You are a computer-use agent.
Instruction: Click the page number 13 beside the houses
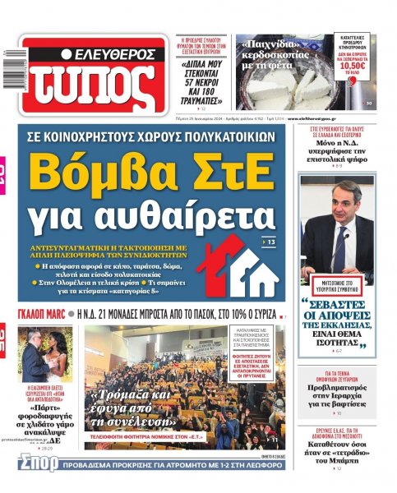[x=272, y=243]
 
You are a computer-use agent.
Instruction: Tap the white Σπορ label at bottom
[x=38, y=463]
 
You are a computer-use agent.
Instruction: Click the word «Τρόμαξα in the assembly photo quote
[x=122, y=394]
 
